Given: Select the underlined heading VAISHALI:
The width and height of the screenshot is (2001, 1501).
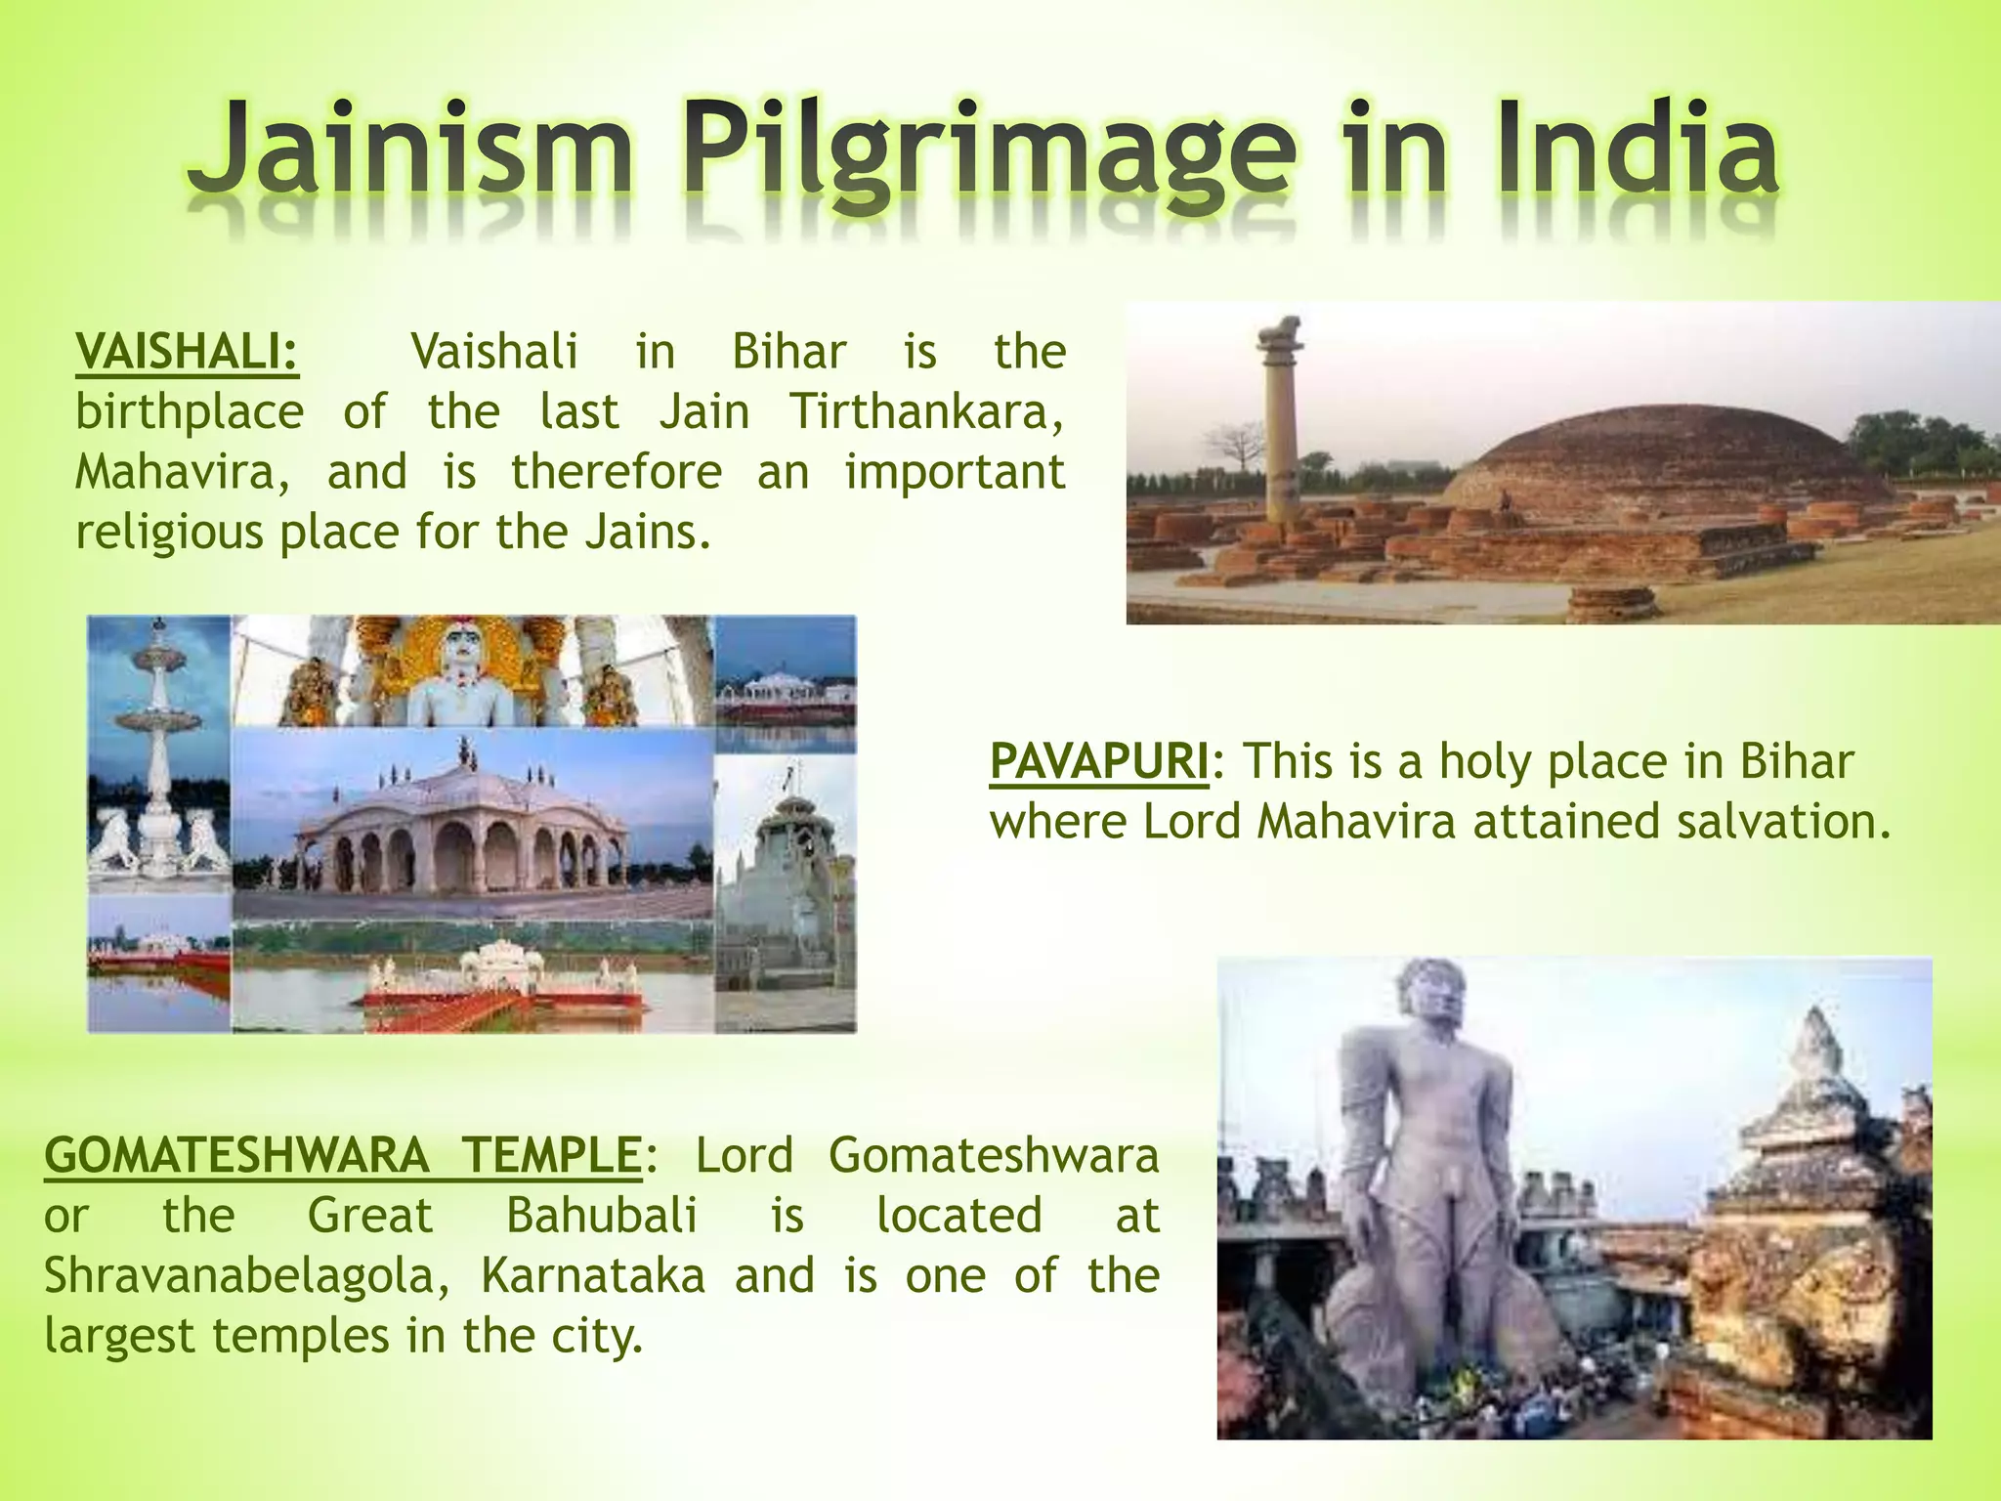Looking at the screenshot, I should (188, 352).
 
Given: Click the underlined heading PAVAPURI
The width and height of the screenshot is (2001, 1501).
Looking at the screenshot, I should (1098, 761).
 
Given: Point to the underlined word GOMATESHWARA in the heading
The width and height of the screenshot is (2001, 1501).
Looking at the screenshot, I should (236, 1155).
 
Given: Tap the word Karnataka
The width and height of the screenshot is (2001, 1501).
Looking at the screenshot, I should (592, 1275).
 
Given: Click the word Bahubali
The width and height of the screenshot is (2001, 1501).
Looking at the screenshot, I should (601, 1216).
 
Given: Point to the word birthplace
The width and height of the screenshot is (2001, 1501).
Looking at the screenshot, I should (190, 411).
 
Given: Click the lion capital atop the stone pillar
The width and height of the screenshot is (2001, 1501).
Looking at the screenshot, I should (1281, 332).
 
